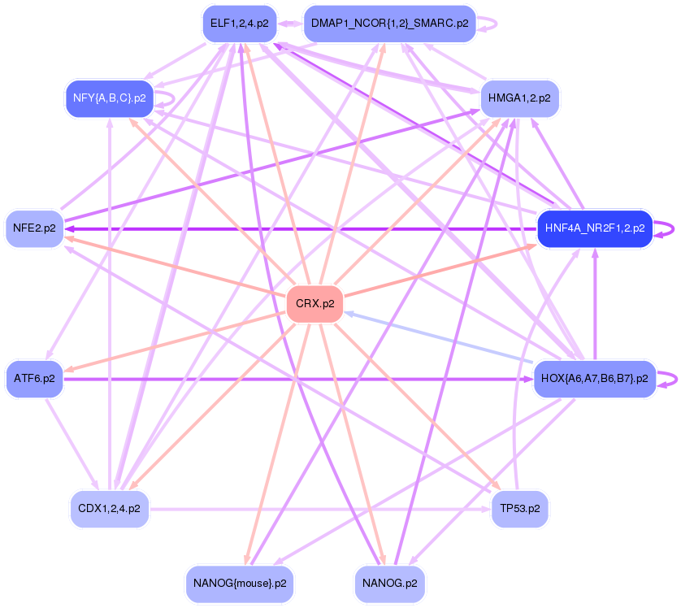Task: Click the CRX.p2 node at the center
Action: coord(314,304)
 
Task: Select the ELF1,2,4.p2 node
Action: coord(239,24)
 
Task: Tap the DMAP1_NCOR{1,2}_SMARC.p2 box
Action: coord(389,24)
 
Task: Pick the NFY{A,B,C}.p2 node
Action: coord(109,98)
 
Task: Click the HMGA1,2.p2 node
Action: coord(519,98)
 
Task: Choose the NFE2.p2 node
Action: coord(34,228)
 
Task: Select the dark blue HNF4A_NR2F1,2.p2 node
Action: coord(595,228)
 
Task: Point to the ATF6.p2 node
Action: coord(34,379)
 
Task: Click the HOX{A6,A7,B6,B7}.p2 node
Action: coord(594,379)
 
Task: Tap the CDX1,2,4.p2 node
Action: coord(109,509)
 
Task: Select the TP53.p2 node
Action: coord(520,509)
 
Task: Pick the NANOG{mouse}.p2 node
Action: coord(239,584)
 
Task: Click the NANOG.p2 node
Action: coord(390,584)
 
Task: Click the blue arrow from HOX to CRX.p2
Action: coord(439,337)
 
